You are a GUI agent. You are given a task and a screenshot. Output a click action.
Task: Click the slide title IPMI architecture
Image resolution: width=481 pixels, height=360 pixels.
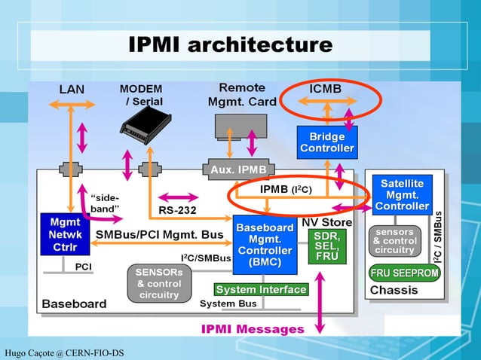point(230,44)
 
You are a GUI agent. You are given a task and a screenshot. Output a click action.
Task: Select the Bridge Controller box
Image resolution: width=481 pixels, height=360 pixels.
point(327,142)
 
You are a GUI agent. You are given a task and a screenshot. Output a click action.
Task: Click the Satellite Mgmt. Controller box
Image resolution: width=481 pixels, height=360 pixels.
point(402,194)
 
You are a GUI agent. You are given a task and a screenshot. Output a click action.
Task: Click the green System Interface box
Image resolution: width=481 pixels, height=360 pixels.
point(261,289)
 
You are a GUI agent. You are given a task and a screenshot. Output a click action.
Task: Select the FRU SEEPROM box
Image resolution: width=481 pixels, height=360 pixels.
point(404,273)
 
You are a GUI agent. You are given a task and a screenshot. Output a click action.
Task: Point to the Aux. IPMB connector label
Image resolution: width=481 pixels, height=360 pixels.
point(237,169)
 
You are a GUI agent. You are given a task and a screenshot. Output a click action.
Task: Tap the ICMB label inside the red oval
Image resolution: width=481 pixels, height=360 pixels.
point(326,90)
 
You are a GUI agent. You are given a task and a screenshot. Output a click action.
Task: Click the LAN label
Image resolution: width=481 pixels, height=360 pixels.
point(72,90)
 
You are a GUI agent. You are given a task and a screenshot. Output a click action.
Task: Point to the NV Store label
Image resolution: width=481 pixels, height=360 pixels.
point(327,222)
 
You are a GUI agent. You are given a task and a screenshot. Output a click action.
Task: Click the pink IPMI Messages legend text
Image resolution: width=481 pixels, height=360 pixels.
point(253,329)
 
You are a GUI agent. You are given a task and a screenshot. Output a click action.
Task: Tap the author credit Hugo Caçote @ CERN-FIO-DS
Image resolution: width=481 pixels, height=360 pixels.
point(63,352)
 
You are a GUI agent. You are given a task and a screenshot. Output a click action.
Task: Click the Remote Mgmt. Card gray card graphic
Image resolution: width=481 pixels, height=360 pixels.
point(240,124)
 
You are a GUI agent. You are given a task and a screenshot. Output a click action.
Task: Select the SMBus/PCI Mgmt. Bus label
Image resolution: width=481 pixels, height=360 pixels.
point(159,235)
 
